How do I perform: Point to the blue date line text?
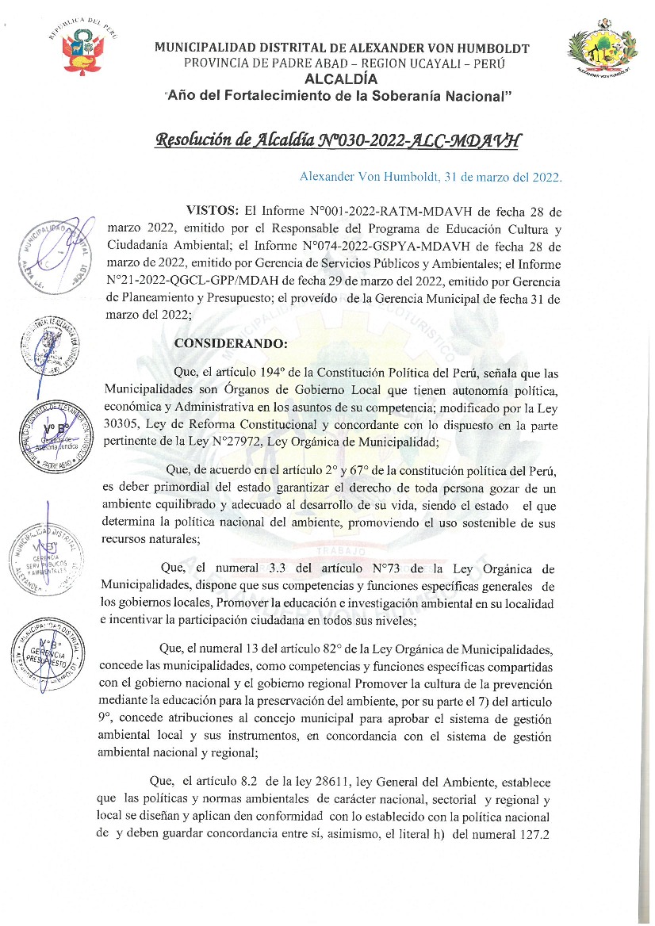click(431, 177)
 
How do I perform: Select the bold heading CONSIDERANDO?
click(230, 344)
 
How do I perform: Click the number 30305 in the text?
click(121, 424)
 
